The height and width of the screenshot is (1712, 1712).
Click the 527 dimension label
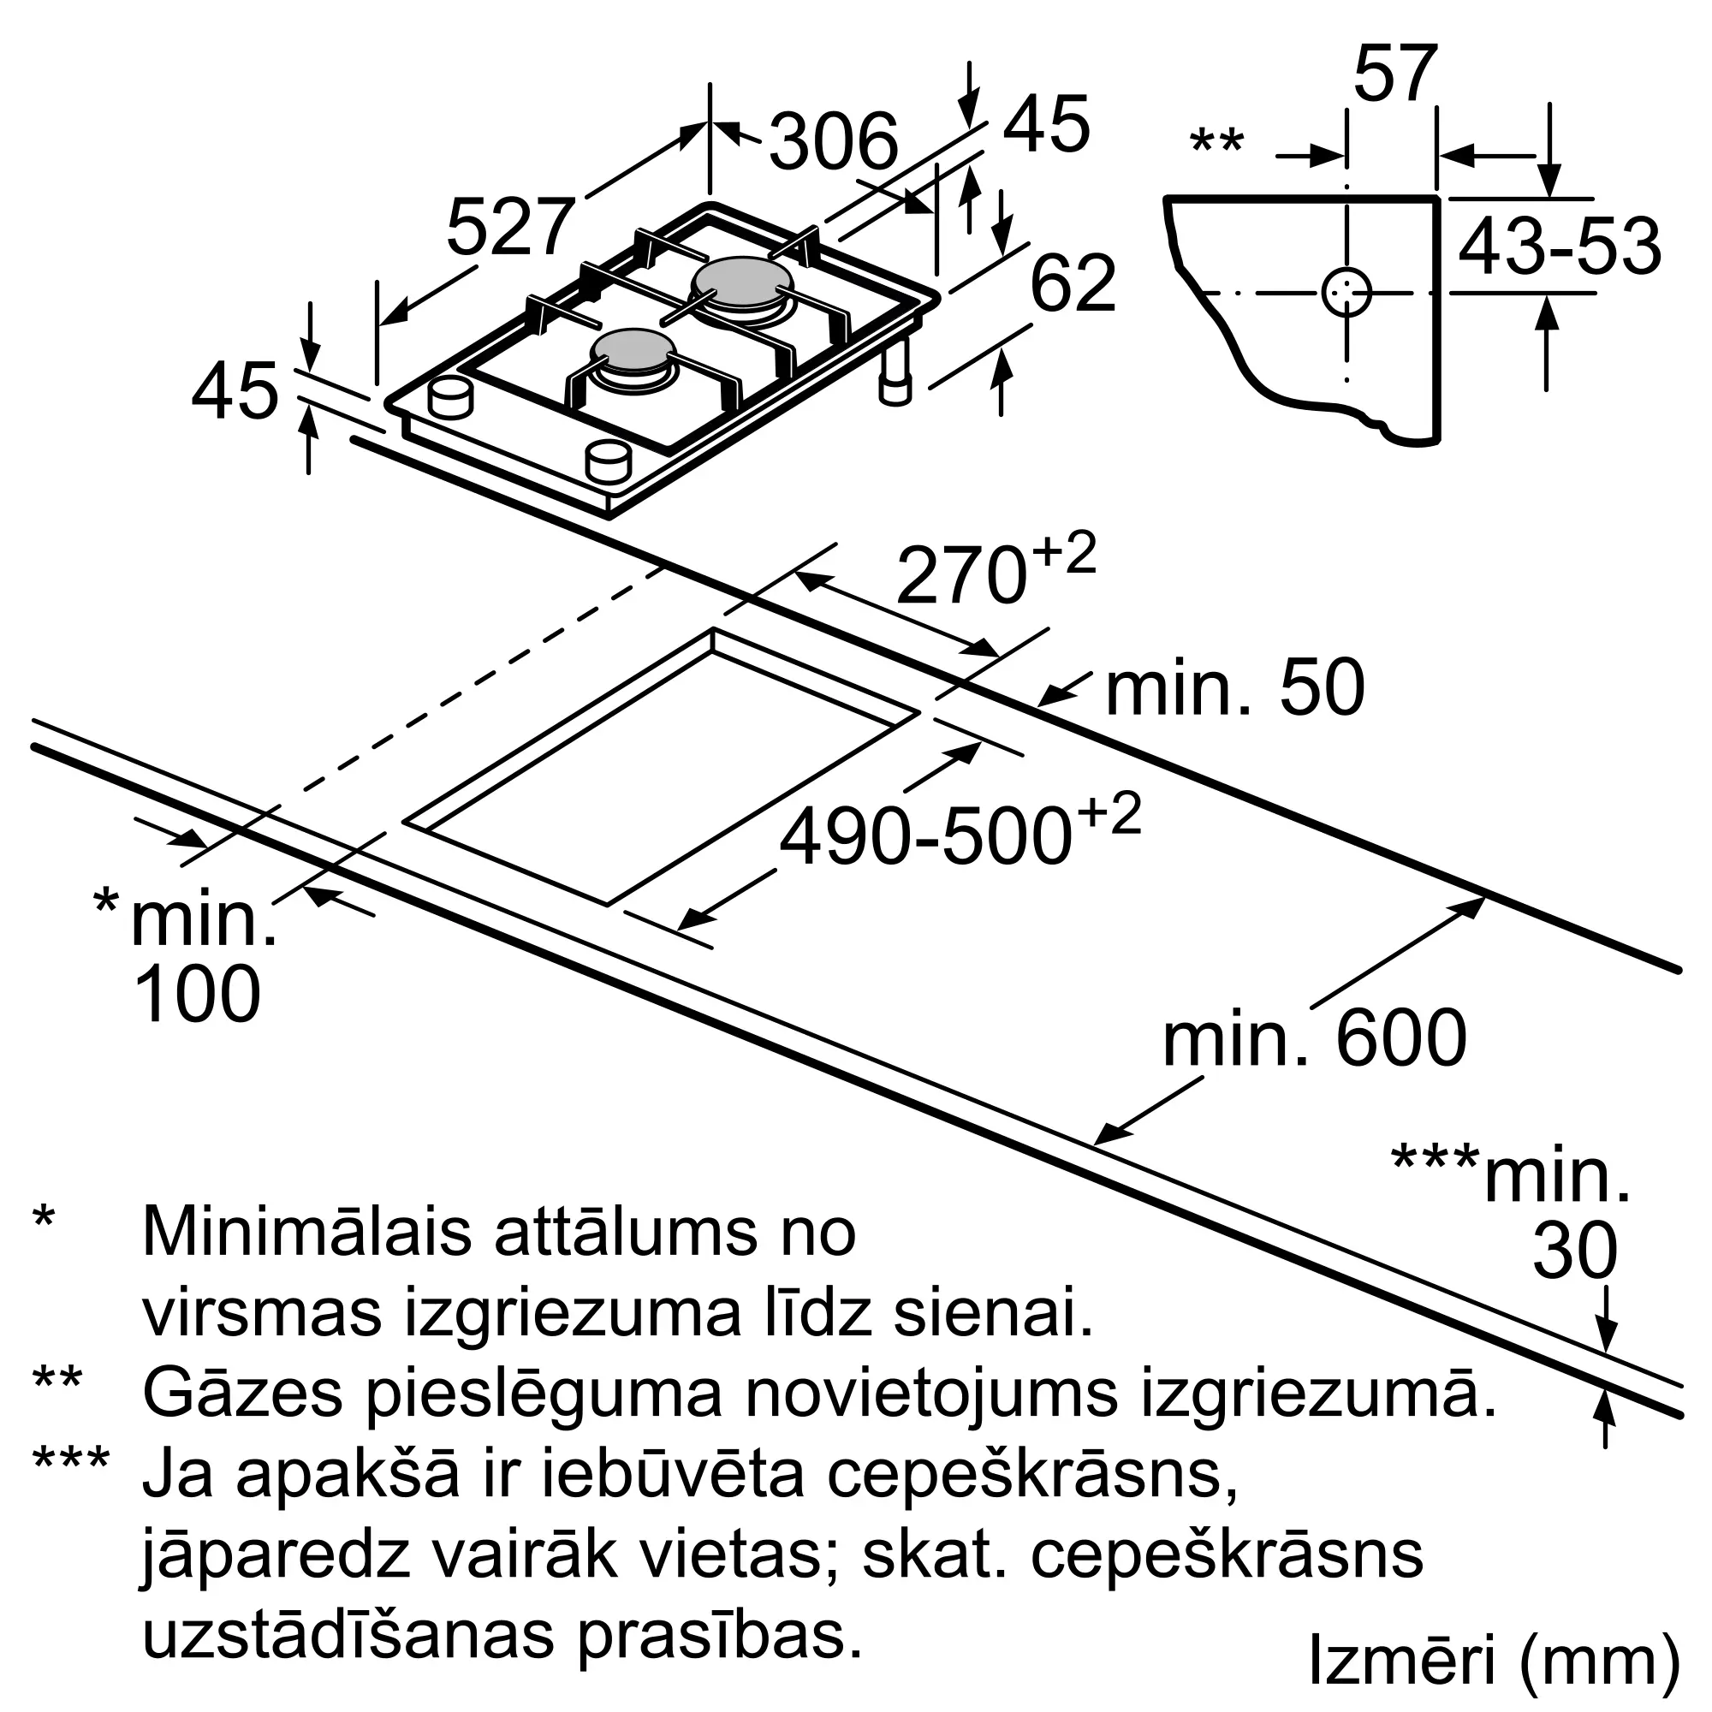pyautogui.click(x=511, y=227)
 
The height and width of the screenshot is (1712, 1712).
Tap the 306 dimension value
pyautogui.click(x=833, y=142)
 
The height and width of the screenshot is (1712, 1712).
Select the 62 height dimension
pyautogui.click(x=1073, y=283)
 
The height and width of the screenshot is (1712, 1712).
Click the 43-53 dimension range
pyautogui.click(x=1559, y=247)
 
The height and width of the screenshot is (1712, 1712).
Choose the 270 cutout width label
pyautogui.click(x=961, y=576)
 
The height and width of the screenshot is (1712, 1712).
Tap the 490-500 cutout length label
pyautogui.click(x=926, y=837)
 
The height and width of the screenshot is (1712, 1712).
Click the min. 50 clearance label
pyautogui.click(x=1234, y=688)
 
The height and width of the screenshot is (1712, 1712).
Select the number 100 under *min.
pyautogui.click(x=197, y=996)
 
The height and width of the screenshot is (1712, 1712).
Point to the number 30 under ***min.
pyautogui.click(x=1575, y=1251)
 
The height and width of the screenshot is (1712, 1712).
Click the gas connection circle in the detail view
pyautogui.click(x=1346, y=293)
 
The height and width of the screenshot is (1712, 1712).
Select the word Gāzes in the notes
pyautogui.click(x=242, y=1394)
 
